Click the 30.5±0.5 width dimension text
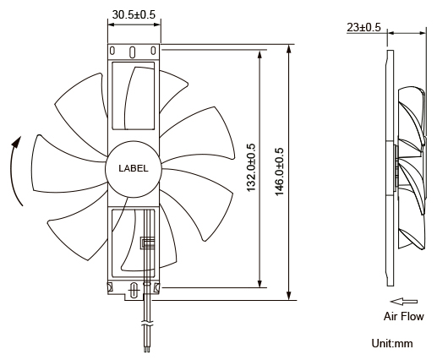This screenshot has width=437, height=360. (x=134, y=14)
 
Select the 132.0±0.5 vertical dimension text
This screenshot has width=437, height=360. (x=250, y=168)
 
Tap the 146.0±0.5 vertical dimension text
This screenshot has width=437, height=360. (x=280, y=172)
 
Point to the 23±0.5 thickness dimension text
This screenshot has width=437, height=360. (x=363, y=27)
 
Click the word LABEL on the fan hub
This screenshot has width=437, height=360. (x=133, y=168)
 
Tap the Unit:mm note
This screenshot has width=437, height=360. (x=392, y=344)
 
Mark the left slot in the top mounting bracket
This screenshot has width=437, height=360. (x=114, y=52)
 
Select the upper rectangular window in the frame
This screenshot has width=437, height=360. (x=134, y=95)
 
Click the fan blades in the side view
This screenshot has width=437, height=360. (x=412, y=169)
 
